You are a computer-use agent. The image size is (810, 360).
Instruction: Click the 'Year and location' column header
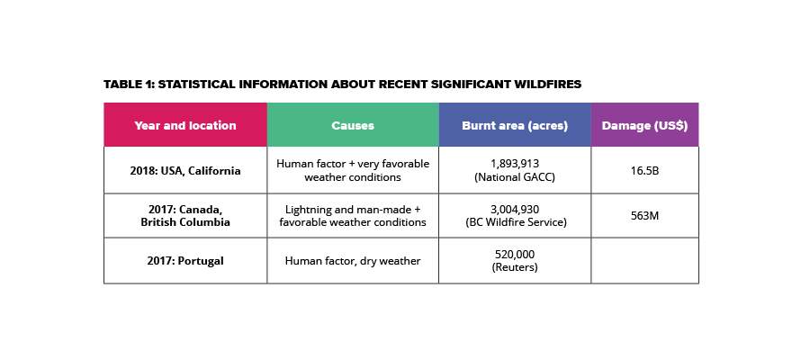pyautogui.click(x=184, y=125)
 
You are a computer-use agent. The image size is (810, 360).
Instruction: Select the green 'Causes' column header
pyautogui.click(x=353, y=125)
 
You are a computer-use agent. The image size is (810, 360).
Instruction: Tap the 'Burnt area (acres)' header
pyautogui.click(x=515, y=125)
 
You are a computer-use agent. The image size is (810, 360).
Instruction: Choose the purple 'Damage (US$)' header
pyautogui.click(x=644, y=125)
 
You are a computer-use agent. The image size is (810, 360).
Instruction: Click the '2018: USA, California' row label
pyautogui.click(x=185, y=170)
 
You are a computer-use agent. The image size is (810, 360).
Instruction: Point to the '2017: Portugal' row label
pyautogui.click(x=185, y=261)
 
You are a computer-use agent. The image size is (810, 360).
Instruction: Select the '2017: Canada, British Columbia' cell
pyautogui.click(x=185, y=216)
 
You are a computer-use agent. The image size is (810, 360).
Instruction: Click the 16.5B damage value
pyautogui.click(x=644, y=170)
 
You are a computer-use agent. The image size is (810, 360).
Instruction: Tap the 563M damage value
pyautogui.click(x=644, y=216)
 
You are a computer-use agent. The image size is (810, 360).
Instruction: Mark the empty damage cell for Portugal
pyautogui.click(x=644, y=261)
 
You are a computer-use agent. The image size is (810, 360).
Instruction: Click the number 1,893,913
pyautogui.click(x=515, y=164)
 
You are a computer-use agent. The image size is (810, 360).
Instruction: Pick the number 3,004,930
pyautogui.click(x=515, y=209)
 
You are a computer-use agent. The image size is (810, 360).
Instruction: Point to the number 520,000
pyautogui.click(x=515, y=254)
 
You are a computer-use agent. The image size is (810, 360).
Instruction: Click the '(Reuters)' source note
pyautogui.click(x=515, y=267)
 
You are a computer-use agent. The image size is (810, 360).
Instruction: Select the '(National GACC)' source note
pyautogui.click(x=515, y=176)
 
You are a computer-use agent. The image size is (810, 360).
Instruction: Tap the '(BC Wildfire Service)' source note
pyautogui.click(x=515, y=222)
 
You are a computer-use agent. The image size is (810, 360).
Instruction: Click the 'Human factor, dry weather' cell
pyautogui.click(x=353, y=261)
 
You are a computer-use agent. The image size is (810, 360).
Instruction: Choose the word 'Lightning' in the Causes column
pyautogui.click(x=308, y=210)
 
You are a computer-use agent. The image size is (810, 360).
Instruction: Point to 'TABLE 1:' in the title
pyautogui.click(x=129, y=85)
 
